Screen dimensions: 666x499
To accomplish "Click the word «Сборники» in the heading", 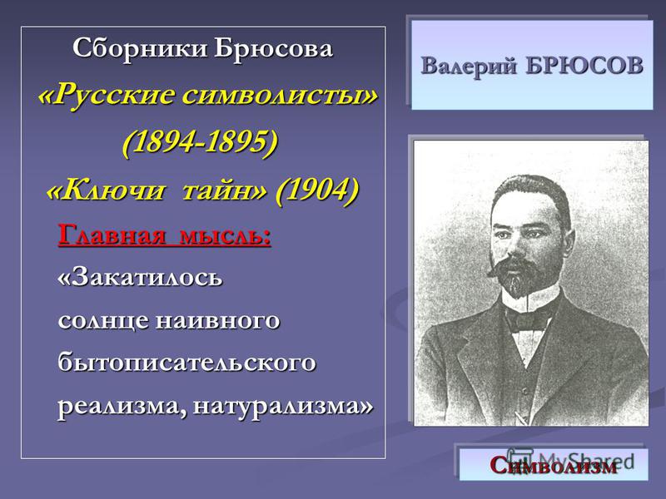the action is tap(140, 48).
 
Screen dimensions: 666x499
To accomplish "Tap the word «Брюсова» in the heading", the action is tap(273, 48).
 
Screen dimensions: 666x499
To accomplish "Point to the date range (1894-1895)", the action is tap(200, 141).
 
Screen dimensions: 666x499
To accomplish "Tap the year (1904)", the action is tap(317, 189).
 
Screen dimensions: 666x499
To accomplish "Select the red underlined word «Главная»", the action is tap(112, 234).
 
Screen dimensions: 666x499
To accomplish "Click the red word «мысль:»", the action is tap(225, 235).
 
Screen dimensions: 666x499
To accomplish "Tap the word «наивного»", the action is tap(218, 321).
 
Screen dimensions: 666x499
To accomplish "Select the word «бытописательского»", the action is tap(186, 363).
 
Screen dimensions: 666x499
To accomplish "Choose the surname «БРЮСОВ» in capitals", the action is tap(585, 66).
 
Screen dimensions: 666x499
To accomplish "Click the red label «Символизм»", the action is tap(554, 466).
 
